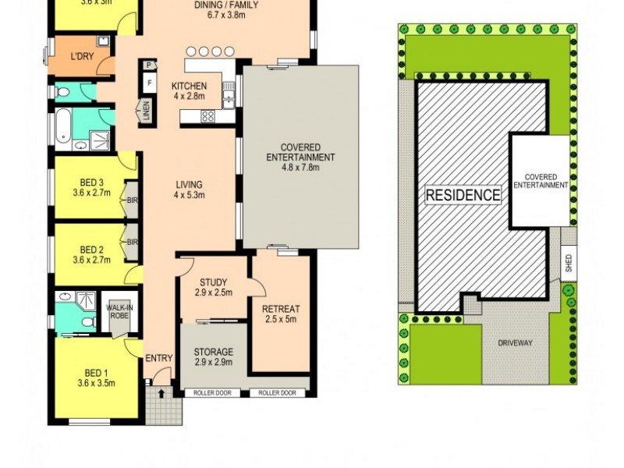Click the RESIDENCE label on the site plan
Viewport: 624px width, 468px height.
point(463,195)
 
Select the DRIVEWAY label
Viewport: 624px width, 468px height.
point(515,342)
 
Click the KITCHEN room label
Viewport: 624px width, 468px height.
point(190,86)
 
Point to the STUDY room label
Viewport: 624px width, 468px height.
point(212,282)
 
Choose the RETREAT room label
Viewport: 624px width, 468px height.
point(281,309)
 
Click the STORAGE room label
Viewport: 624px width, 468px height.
point(213,353)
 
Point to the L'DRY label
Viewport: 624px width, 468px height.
point(82,57)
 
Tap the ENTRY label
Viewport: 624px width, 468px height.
point(159,358)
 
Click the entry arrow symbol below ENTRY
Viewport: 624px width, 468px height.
point(161,393)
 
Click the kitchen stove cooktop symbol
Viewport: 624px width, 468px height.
point(208,116)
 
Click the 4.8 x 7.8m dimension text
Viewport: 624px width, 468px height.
point(300,167)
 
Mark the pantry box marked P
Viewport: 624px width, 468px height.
point(147,66)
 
